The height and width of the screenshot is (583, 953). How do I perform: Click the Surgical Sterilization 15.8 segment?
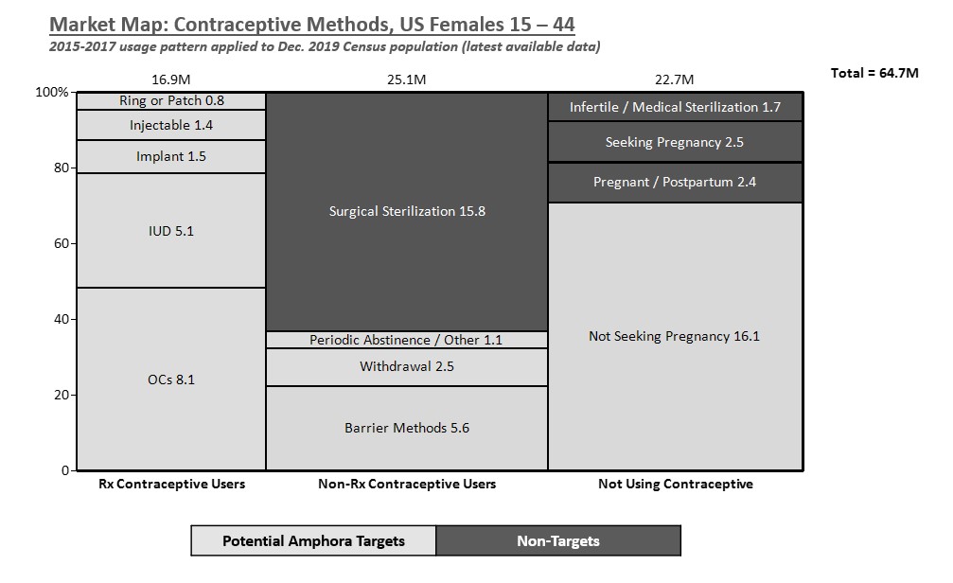[407, 211]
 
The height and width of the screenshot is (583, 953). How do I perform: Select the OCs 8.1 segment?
[171, 379]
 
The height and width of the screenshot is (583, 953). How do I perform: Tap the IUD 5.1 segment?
[171, 230]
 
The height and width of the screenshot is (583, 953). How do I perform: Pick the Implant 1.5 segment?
[171, 156]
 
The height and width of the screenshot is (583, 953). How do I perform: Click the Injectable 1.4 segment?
[171, 125]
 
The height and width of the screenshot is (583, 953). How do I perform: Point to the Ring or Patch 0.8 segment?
[171, 101]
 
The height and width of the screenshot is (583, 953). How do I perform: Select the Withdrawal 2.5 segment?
[407, 366]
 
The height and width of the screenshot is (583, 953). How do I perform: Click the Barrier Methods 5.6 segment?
[407, 428]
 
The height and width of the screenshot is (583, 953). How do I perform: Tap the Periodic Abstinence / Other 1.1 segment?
[407, 340]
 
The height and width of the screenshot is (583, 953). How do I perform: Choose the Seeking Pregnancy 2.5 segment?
[675, 142]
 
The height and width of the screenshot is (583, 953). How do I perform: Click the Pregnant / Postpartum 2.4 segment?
[675, 182]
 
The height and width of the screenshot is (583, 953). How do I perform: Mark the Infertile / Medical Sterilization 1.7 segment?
[675, 107]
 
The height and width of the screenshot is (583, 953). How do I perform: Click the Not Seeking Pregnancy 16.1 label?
[675, 336]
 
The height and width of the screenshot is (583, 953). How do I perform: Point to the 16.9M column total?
[171, 79]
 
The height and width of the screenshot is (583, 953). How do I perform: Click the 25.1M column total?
[407, 79]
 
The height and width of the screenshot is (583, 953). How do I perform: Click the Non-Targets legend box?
[558, 541]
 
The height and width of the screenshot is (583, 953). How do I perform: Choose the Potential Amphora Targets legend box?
[313, 541]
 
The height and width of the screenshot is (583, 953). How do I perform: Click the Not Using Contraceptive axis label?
[675, 484]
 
